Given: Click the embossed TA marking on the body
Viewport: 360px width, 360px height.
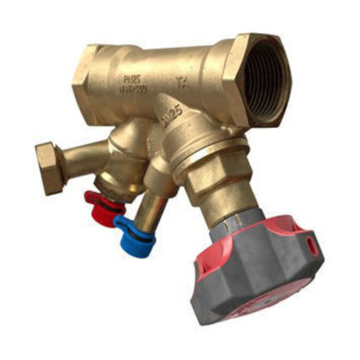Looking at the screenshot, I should point(181,83).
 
